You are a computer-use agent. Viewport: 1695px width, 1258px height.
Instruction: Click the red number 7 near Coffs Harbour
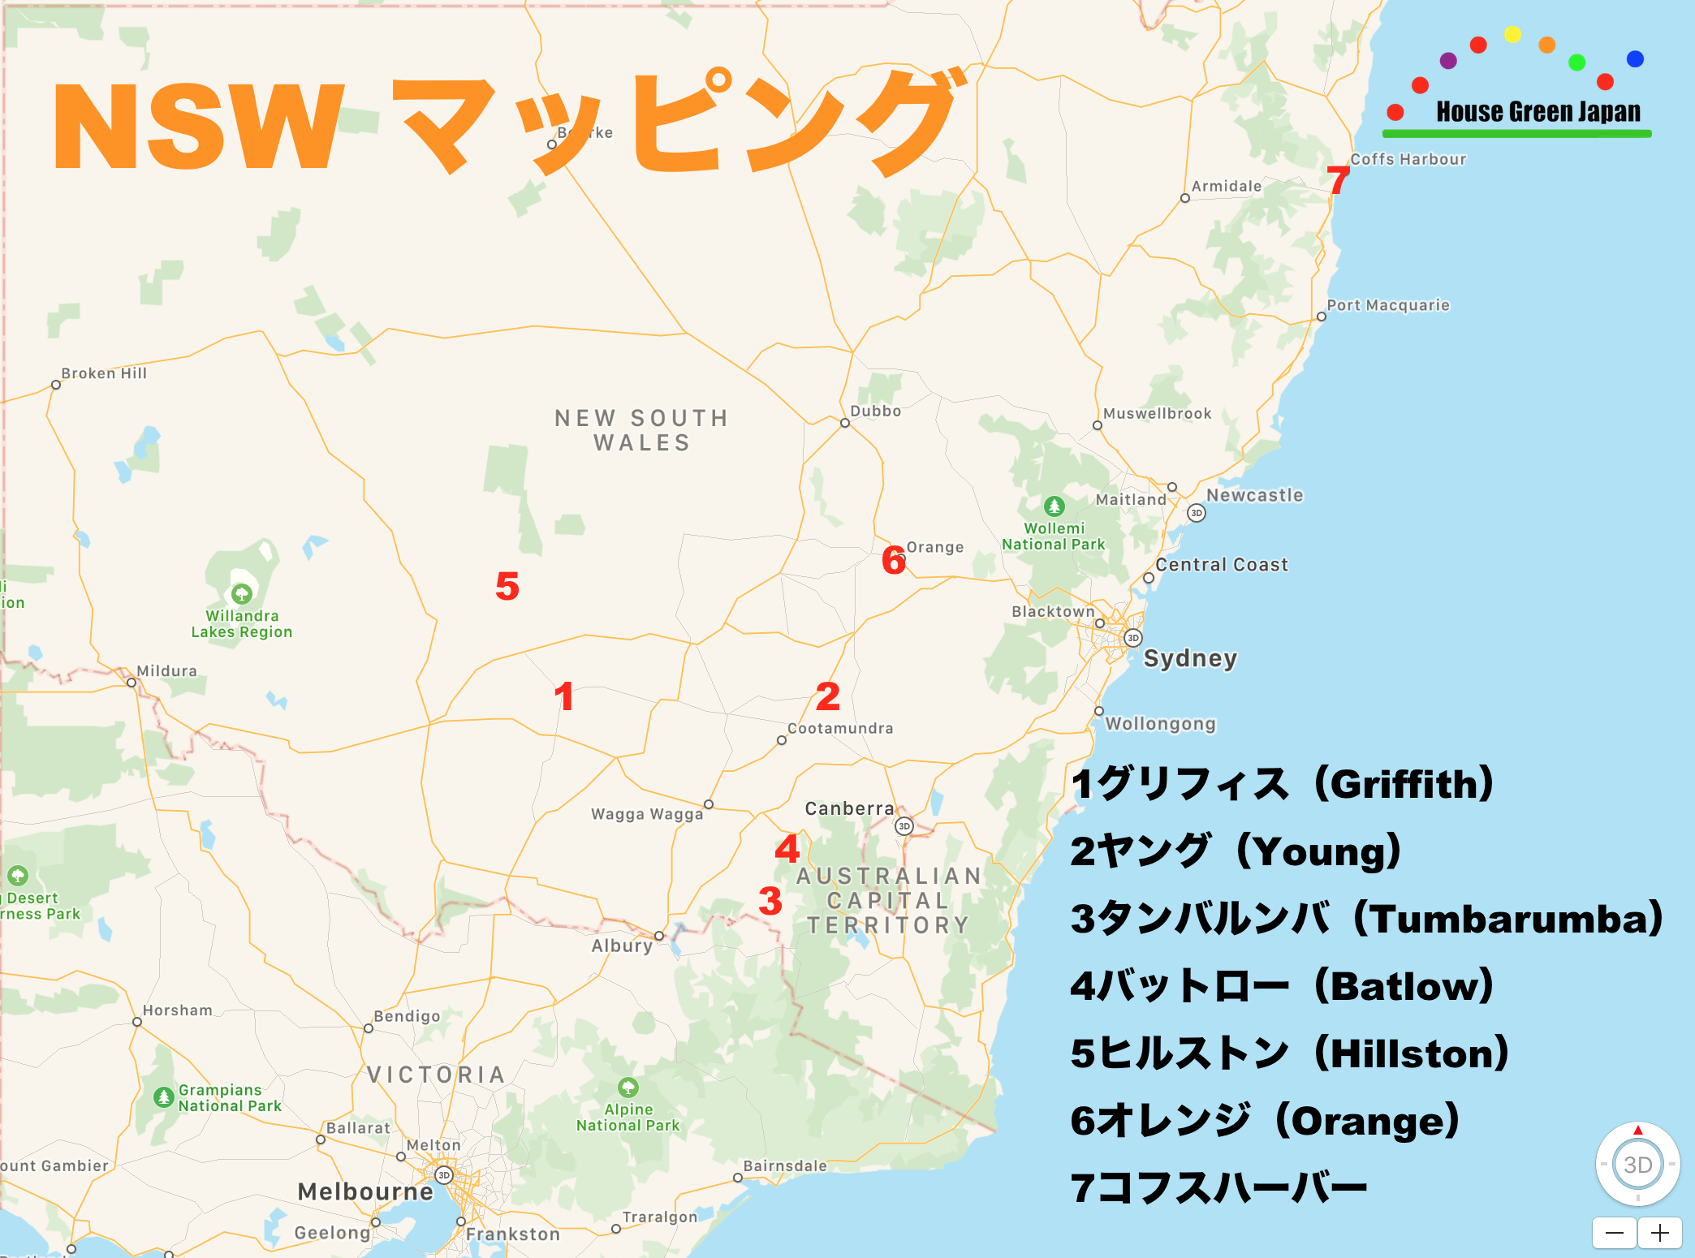pyautogui.click(x=1338, y=180)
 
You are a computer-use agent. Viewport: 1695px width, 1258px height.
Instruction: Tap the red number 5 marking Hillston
pyautogui.click(x=507, y=586)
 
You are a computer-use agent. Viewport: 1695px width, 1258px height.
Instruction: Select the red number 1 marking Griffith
pyautogui.click(x=564, y=696)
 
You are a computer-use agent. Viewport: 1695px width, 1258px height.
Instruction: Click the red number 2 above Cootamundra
pyautogui.click(x=828, y=696)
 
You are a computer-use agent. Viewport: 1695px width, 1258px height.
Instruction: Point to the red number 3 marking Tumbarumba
pyautogui.click(x=770, y=901)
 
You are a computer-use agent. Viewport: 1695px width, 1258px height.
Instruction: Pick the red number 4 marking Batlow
pyautogui.click(x=787, y=849)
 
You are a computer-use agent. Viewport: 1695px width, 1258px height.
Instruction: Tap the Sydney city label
pyautogui.click(x=1190, y=658)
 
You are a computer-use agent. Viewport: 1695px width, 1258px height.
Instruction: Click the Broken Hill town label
pyautogui.click(x=104, y=373)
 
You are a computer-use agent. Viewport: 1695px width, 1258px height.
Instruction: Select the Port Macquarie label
pyautogui.click(x=1388, y=305)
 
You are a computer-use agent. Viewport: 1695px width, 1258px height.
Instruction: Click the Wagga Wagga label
pyautogui.click(x=647, y=814)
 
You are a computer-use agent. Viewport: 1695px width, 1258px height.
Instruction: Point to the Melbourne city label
pyautogui.click(x=365, y=1191)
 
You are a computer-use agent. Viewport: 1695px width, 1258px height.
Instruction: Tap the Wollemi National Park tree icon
pyautogui.click(x=1054, y=506)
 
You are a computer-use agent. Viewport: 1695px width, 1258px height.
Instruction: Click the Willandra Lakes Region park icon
pyautogui.click(x=241, y=594)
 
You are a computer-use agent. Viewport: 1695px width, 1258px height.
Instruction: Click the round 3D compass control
pyautogui.click(x=1637, y=1165)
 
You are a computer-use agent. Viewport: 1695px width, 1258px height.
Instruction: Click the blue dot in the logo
pyautogui.click(x=1635, y=58)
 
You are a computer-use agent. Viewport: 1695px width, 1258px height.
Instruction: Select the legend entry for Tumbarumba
pyautogui.click(x=1366, y=919)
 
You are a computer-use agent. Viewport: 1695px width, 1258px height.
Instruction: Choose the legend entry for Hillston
pyautogui.click(x=1289, y=1053)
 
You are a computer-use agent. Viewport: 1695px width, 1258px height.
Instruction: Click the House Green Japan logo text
pyautogui.click(x=1538, y=111)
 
